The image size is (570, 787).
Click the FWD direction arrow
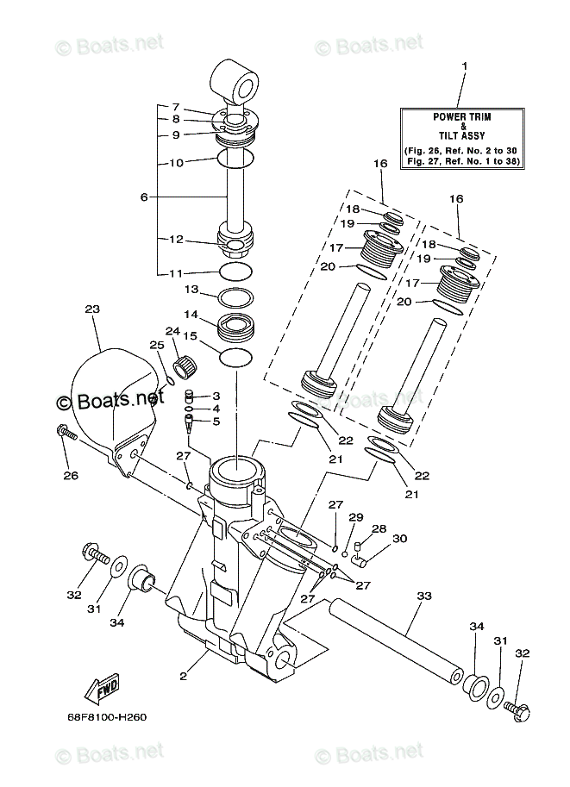[x=102, y=689]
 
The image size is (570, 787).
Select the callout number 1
[x=463, y=66]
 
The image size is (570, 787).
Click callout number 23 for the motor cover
[x=92, y=309]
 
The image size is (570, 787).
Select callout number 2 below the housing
[x=183, y=677]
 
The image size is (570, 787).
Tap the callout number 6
[x=143, y=197]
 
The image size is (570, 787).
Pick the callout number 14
[x=191, y=315]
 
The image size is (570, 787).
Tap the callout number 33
[x=423, y=594]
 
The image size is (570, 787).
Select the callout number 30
[x=399, y=539]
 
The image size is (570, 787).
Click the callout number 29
[x=352, y=517]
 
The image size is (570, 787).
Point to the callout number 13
[x=191, y=289]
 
